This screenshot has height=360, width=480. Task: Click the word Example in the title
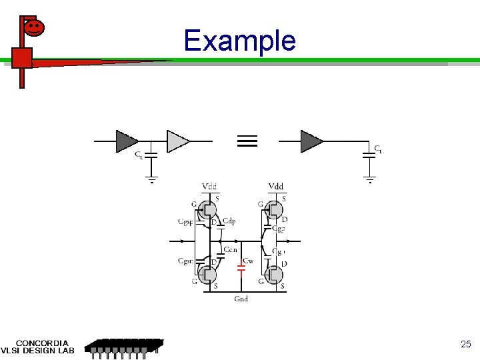coord(239,41)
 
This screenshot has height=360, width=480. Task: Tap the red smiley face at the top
coord(34,27)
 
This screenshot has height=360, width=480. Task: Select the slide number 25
coord(466,345)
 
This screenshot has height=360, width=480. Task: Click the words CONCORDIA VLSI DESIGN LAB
coord(39,347)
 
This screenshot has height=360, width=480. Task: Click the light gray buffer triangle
coord(177,141)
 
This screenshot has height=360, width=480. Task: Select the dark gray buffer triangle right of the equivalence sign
coord(311,141)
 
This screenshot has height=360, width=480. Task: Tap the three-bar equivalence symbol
coord(247,141)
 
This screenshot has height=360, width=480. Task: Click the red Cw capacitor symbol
coord(242,268)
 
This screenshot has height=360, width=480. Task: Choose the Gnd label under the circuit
coord(241,299)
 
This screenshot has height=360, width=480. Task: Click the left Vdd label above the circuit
coord(209,186)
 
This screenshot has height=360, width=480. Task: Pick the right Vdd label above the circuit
coord(275,186)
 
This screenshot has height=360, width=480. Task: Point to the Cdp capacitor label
coord(229,221)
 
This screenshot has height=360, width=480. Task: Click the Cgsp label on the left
coord(185,221)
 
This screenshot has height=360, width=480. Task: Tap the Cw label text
coord(248,261)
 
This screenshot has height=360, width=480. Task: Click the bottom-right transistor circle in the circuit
coord(273,274)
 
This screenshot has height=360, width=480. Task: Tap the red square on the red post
coord(21,58)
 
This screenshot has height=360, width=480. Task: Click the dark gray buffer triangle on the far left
coord(126,141)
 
